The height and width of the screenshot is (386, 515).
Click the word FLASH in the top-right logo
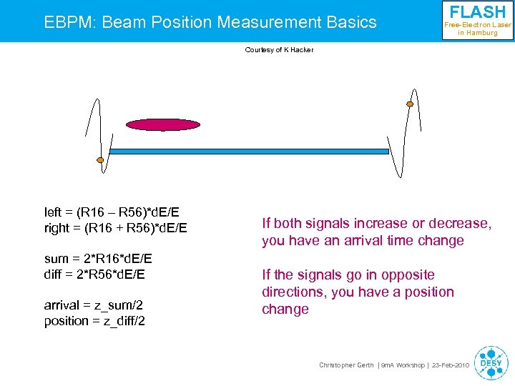(477, 12)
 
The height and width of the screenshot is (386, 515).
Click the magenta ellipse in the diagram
(163, 125)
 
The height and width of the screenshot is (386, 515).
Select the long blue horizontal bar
(248, 152)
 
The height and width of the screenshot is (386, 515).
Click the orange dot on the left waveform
(100, 159)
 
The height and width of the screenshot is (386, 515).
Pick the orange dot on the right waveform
(410, 104)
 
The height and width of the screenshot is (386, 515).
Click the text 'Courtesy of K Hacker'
(279, 50)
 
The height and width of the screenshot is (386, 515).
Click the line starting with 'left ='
(112, 212)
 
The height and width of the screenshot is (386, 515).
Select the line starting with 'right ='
(116, 228)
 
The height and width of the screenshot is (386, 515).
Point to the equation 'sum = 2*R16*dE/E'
(98, 259)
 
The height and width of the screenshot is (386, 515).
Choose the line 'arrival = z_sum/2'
(93, 305)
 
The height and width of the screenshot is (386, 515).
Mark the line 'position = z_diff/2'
(94, 321)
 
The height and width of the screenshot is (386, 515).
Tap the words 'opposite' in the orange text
(408, 275)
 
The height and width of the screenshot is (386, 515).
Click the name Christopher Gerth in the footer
(345, 365)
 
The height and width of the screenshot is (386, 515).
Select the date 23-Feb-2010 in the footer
(451, 365)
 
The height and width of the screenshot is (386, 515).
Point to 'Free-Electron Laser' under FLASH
(478, 25)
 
